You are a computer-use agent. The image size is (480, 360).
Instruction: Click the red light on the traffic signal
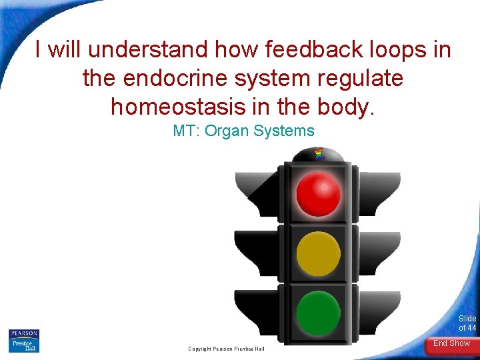pos(318,193)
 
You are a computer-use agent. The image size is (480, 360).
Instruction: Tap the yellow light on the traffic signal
pos(318,254)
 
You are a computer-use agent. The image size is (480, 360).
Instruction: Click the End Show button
pos(451,343)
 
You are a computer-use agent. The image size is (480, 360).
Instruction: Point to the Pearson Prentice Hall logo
pos(24,341)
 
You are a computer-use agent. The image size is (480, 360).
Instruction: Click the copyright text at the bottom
pos(226,349)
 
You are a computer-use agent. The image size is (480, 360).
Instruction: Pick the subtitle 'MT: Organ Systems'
pos(243,131)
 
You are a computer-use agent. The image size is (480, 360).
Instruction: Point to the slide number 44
pos(471,327)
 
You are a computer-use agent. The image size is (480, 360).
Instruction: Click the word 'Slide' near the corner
pos(467,319)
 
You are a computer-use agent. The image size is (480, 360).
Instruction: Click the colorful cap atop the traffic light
pos(319,154)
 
